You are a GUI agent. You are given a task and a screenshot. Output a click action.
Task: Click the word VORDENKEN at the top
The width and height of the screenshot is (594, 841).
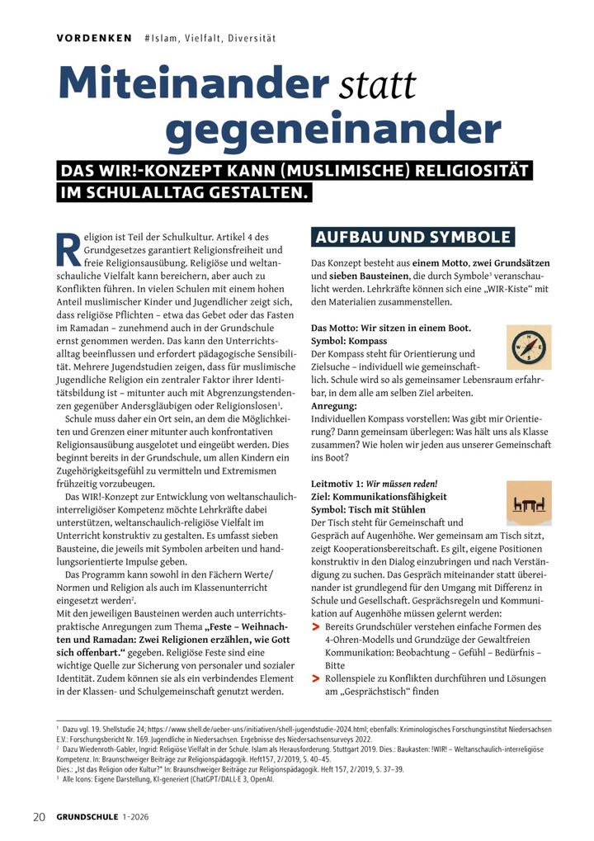94,38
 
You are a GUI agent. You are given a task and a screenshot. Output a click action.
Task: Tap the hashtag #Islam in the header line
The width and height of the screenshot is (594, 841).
163,38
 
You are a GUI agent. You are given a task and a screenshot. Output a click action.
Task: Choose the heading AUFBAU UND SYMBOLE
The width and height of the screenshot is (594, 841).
412,238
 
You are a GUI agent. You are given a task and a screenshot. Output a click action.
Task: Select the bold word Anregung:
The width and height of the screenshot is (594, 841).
334,406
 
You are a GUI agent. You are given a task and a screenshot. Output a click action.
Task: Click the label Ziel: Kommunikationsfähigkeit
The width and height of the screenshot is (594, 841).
379,496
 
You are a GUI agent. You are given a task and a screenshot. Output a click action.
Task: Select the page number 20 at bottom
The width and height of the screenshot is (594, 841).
38,817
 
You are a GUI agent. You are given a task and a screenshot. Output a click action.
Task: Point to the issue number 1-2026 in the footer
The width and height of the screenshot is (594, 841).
142,817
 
